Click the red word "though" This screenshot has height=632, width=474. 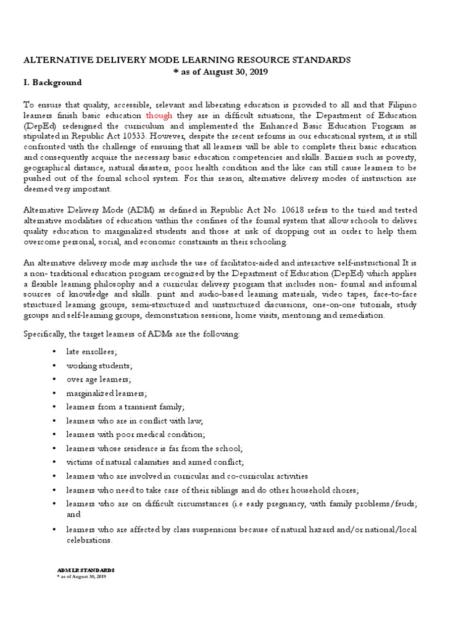pos(159,115)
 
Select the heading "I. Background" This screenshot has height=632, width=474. pos(52,83)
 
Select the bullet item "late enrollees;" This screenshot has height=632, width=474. pos(91,351)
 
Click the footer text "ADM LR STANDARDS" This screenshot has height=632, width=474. pos(85,570)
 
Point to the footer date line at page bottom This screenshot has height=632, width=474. pos(81,576)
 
